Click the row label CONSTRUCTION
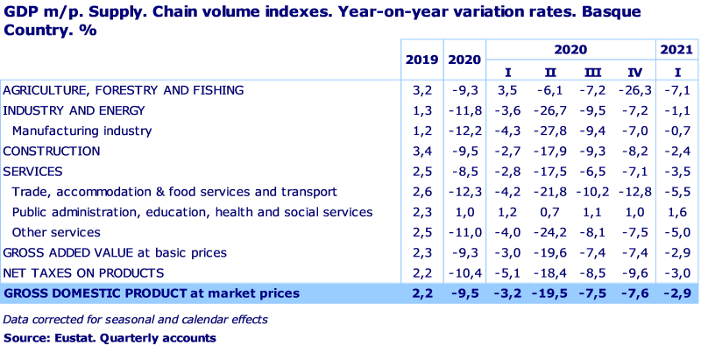(51, 152)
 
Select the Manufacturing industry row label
(81, 131)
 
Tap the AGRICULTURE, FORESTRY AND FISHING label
(123, 90)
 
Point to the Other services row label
(56, 233)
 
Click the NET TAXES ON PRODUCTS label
(83, 273)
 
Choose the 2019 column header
(421, 60)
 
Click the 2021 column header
(676, 51)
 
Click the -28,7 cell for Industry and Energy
(550, 111)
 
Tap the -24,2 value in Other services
(550, 233)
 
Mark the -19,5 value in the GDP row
(550, 293)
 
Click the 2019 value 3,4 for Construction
(422, 152)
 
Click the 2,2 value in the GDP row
(422, 293)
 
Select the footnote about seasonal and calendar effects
(135, 320)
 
